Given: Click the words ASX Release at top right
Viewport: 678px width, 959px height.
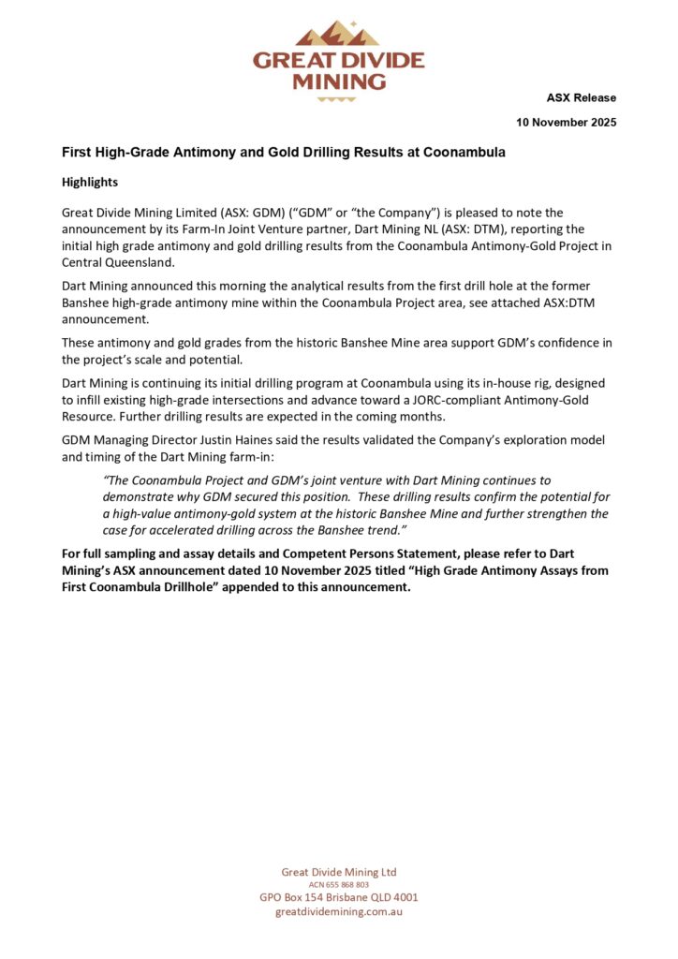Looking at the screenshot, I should [582, 98].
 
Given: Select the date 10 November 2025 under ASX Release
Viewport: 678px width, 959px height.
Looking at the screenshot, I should [567, 123].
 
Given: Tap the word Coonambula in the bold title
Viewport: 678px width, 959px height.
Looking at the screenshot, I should [463, 152].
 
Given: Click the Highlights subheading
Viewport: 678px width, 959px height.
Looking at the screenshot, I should [90, 182].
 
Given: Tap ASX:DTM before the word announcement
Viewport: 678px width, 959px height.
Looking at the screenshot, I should [582, 302].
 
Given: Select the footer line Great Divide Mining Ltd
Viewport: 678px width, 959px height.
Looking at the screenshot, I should [339, 872].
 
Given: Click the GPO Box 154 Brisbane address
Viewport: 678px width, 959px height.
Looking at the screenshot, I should [339, 896].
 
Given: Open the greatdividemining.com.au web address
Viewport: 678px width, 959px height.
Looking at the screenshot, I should [339, 911].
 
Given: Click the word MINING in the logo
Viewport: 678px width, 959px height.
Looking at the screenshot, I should [338, 81].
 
